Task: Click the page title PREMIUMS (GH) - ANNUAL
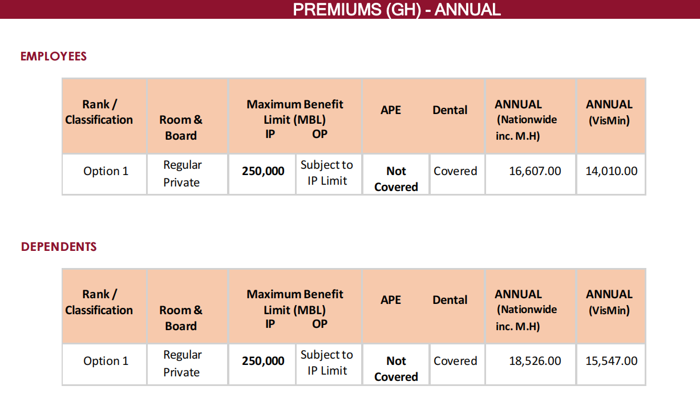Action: tap(396, 9)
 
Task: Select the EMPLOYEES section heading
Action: tap(54, 56)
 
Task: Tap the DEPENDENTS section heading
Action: tap(59, 247)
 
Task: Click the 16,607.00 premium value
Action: tap(535, 171)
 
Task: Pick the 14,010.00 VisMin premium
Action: tap(611, 171)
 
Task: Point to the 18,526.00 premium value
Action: tap(535, 361)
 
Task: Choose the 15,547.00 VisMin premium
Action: tap(611, 361)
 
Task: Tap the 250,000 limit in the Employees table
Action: tap(263, 171)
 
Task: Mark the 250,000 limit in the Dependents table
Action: tap(263, 361)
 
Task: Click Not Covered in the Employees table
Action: tap(396, 178)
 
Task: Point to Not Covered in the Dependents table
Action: tap(396, 368)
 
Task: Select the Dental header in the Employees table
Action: tap(450, 110)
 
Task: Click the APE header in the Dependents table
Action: tap(391, 300)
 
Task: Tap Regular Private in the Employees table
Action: tap(181, 173)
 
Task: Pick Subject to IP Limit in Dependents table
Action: tap(327, 363)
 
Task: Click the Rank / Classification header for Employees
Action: tap(99, 112)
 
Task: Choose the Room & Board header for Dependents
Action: tap(181, 318)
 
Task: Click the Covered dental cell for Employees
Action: tap(455, 171)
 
